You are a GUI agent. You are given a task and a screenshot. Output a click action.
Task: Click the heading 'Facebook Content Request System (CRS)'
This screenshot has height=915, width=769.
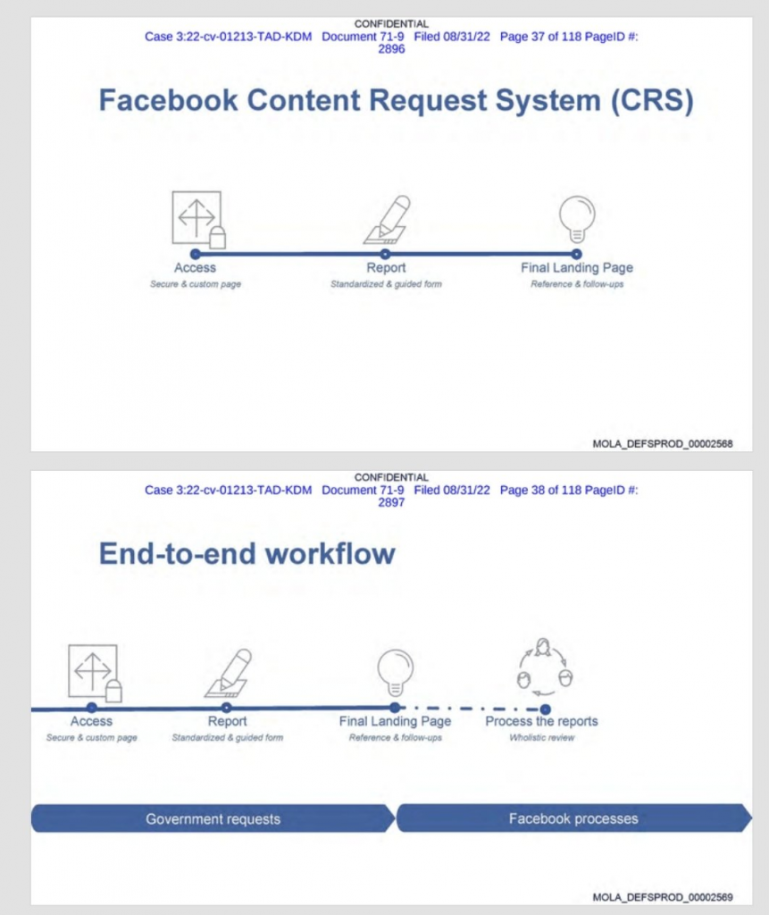point(397,100)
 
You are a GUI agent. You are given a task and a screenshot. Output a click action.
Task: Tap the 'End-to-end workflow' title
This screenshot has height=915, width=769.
point(247,553)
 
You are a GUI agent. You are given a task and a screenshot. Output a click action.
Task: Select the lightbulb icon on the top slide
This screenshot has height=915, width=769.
point(577,219)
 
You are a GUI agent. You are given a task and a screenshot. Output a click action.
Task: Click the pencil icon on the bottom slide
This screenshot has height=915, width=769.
point(228,673)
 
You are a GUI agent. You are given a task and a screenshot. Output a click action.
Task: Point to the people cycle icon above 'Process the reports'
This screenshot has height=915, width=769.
point(545,667)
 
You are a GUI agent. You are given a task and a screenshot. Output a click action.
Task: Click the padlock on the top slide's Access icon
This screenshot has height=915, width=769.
point(218,237)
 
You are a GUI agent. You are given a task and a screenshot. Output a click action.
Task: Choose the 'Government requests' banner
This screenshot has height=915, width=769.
point(213,818)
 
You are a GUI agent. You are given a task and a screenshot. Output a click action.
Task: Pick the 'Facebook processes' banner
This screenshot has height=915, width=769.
point(574,818)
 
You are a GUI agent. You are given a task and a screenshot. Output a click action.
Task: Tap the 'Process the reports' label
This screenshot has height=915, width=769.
point(541,721)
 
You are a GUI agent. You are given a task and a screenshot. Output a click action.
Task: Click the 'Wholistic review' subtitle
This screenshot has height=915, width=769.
point(541,737)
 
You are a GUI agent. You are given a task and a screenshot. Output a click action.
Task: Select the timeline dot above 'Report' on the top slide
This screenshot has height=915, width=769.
point(385,254)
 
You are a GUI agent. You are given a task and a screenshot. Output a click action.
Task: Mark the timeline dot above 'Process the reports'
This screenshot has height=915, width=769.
point(545,709)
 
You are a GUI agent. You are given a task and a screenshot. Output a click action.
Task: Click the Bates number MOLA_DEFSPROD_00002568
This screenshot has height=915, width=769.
point(662,444)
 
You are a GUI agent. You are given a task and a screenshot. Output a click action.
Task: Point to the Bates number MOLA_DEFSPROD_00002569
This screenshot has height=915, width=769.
point(662,897)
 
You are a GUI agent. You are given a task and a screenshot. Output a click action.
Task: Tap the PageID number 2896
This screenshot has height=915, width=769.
point(391,49)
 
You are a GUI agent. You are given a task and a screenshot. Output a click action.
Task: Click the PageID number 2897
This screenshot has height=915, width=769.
point(391,502)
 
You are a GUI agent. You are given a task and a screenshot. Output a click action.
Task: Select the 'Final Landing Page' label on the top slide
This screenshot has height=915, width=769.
point(577,268)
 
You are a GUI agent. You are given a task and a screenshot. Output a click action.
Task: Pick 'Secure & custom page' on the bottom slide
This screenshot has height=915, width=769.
point(92,737)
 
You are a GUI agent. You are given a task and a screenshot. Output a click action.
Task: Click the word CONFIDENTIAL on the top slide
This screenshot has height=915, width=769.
point(391,24)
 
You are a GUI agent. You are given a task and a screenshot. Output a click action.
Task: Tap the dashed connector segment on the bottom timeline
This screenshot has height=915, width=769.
point(470,709)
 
